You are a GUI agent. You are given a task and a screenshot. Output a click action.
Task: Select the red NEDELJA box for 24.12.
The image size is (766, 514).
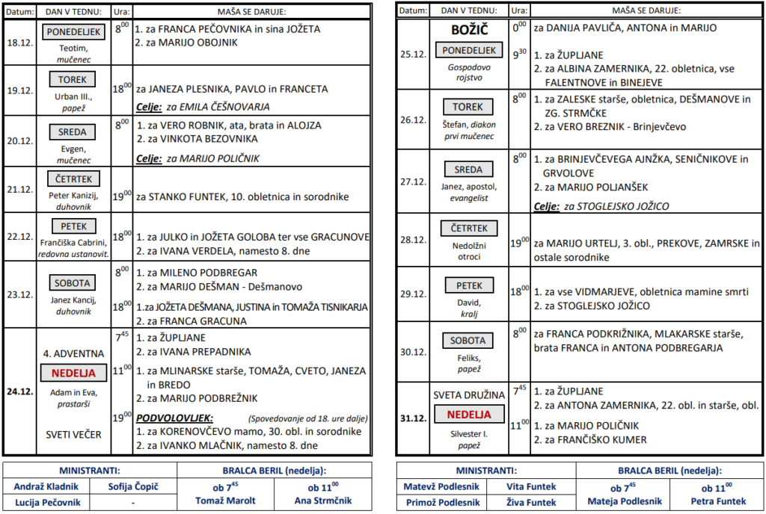[x=73, y=372]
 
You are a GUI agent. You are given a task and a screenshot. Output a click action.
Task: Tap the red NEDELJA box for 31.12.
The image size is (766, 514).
[x=469, y=414]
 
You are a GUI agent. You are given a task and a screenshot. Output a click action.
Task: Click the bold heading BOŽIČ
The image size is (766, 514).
[x=469, y=30]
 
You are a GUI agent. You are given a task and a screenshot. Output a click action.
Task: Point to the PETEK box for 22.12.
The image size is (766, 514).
[x=73, y=226]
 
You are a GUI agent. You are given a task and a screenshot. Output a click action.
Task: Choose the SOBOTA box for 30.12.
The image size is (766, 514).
[x=468, y=340]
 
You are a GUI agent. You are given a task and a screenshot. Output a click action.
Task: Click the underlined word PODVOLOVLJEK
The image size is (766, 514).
[x=174, y=418]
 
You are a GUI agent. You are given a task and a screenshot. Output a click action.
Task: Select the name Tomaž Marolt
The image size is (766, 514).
[x=225, y=501]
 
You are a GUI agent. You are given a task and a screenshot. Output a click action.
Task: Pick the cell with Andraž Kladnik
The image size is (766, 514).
[x=46, y=486]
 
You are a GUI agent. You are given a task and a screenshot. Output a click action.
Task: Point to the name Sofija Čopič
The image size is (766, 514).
[x=133, y=486]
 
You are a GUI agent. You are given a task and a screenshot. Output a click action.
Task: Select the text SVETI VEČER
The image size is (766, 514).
[x=73, y=434]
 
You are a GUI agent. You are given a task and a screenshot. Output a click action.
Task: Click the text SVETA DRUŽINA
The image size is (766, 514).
[x=469, y=395]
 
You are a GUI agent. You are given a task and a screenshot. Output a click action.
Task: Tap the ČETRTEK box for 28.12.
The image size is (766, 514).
[x=468, y=229]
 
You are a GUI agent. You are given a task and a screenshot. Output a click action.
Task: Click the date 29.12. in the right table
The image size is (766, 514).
[x=413, y=294]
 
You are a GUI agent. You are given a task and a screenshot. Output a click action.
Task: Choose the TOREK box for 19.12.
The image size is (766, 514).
[x=73, y=79]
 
